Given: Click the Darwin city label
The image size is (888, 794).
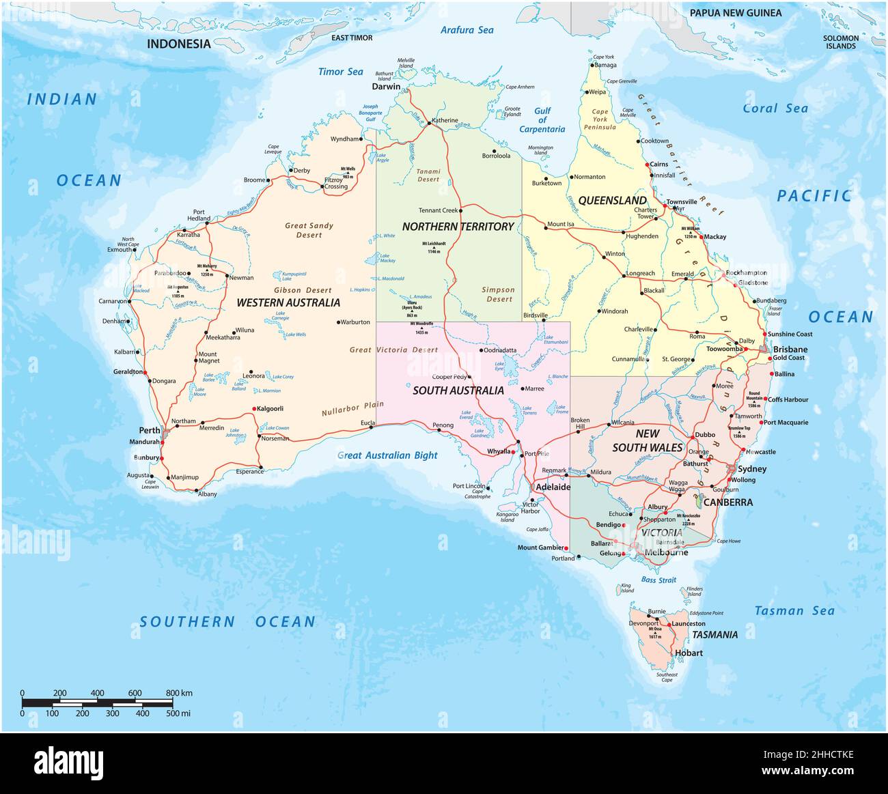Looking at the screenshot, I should tap(386, 87).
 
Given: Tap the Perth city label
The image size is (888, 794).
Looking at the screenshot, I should tap(150, 430).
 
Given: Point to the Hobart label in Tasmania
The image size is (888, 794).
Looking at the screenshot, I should tap(687, 653).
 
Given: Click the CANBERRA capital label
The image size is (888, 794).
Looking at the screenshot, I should tap(728, 502).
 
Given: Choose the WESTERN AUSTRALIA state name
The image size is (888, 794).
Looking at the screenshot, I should tap(288, 302).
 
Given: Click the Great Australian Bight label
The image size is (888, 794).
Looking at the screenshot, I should tap(387, 455).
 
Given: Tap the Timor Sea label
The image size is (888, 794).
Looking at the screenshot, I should tap(341, 72).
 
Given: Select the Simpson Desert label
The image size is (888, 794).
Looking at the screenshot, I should tap(499, 294).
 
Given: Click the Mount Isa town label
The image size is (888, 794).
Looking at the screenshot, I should tap(561, 224).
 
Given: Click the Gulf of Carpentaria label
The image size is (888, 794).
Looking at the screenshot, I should tap(542, 120).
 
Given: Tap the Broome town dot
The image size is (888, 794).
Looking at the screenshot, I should tap(269, 181).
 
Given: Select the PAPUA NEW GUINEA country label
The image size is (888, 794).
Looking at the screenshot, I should tap(736, 13).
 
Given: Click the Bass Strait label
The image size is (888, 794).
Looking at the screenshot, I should tap(658, 580).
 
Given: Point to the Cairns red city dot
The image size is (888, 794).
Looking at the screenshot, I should tap(647, 165).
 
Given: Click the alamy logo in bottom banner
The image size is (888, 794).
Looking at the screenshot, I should tap(68, 762).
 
